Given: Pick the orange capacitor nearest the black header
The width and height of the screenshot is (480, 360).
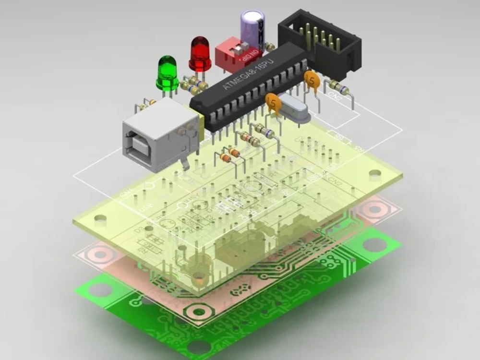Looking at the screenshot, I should pos(312,80).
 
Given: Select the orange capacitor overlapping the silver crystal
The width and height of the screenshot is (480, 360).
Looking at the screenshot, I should pos(273,103).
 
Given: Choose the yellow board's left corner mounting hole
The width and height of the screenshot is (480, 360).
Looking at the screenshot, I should pos(100,218).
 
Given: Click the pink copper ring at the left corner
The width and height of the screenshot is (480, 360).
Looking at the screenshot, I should pos(100,254).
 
